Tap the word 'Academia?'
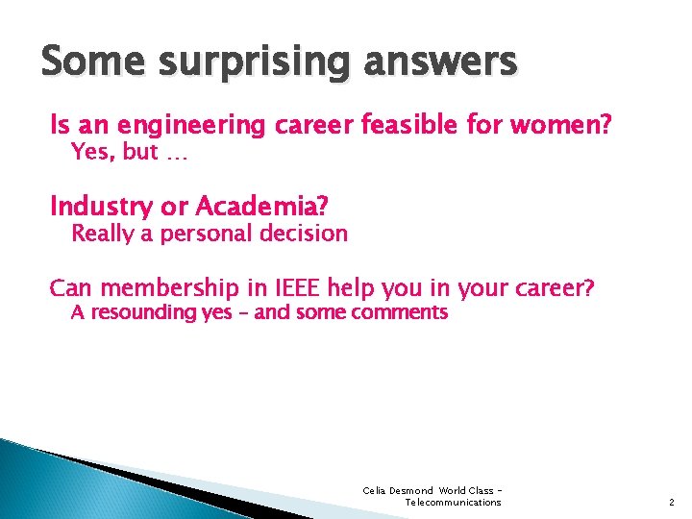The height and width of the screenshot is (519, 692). [261, 206]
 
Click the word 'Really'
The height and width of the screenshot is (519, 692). [105, 234]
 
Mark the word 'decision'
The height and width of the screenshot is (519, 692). [302, 233]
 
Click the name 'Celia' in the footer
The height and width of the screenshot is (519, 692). [374, 491]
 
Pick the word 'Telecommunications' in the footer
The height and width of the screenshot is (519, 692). [453, 503]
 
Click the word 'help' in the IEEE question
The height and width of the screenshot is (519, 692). [352, 288]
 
